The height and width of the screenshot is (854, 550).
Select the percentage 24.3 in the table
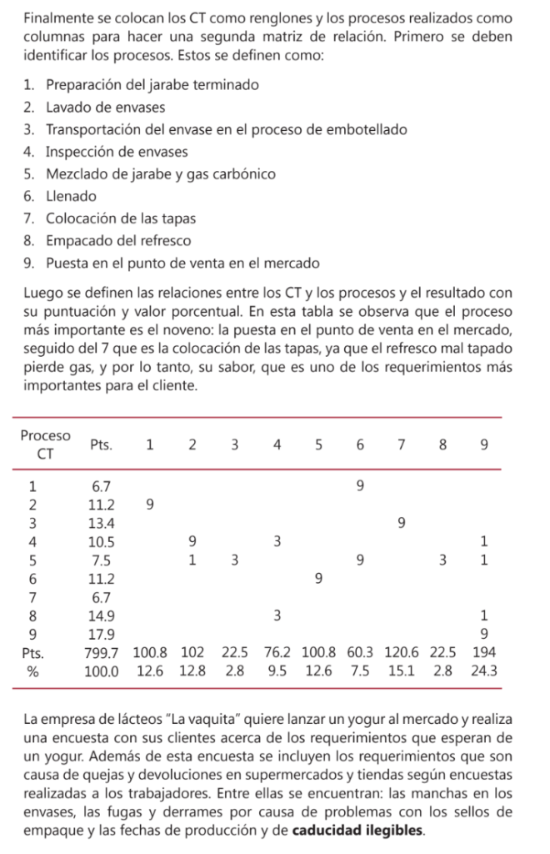(x=483, y=671)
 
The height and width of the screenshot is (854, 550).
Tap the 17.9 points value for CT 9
(x=102, y=634)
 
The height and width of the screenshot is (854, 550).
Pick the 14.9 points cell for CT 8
(x=102, y=615)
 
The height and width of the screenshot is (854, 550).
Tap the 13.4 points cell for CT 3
(x=102, y=523)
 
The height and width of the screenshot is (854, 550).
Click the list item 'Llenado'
(x=71, y=197)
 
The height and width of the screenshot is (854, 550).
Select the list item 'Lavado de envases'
(x=105, y=108)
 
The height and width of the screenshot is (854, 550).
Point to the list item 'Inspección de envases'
(x=117, y=152)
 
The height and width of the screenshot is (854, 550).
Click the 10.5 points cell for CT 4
(x=102, y=541)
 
